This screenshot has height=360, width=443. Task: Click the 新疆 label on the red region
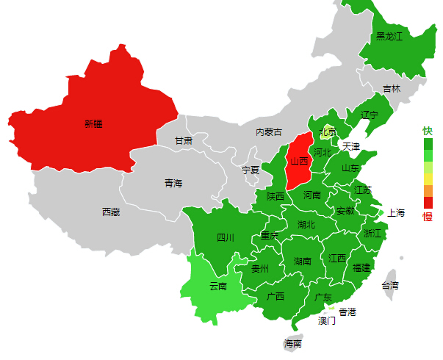[x=93, y=123]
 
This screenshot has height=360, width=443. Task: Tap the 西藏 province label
[x=111, y=212]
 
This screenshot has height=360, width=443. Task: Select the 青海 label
[x=173, y=184]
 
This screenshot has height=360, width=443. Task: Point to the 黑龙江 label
[x=389, y=36]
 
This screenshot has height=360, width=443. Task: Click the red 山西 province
[x=298, y=162]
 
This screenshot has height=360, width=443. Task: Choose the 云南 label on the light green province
[x=218, y=286]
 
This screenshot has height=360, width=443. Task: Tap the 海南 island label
[x=292, y=343]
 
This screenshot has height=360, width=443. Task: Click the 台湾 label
[x=389, y=285]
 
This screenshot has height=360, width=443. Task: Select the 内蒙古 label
[x=268, y=132]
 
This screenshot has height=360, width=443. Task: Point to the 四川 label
[x=225, y=237]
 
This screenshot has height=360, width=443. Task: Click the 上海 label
[x=396, y=213]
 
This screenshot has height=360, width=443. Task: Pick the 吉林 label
[x=392, y=89]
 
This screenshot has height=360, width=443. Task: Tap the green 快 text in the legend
[x=428, y=131]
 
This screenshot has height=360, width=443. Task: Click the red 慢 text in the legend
[x=428, y=216]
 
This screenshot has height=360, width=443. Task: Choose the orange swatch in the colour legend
[x=428, y=191]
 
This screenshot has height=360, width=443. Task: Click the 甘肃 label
[x=184, y=140]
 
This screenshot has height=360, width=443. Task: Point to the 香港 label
[x=347, y=312]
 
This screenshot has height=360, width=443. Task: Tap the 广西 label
[x=275, y=297]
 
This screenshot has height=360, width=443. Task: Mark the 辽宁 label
[x=370, y=115]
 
